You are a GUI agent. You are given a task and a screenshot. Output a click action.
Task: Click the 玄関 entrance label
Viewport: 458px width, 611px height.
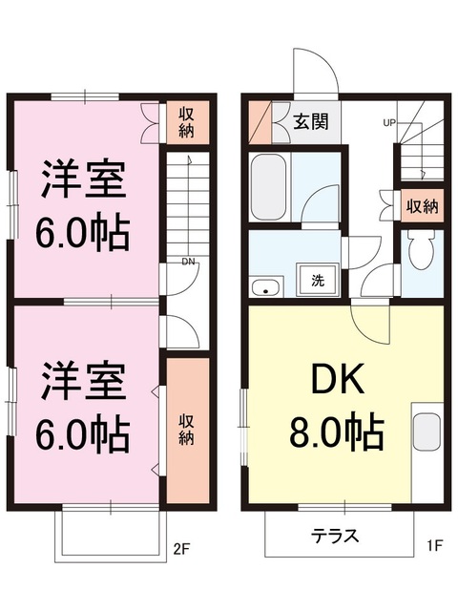[x=310, y=121]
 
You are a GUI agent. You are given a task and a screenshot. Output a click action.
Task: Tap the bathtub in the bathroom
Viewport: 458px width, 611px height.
[x=268, y=187]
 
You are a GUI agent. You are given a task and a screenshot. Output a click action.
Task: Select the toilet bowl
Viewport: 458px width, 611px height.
[x=421, y=249]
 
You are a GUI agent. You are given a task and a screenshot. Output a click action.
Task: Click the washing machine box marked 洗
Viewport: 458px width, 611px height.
[x=318, y=280]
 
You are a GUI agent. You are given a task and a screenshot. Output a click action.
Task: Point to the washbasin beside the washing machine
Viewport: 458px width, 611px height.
[x=267, y=287]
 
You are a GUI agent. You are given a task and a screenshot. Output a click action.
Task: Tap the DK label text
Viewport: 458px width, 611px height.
[x=338, y=379]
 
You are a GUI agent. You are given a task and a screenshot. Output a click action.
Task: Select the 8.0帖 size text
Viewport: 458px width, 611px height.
[x=337, y=432]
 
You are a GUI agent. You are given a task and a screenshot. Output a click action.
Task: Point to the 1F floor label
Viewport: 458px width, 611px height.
[x=434, y=546]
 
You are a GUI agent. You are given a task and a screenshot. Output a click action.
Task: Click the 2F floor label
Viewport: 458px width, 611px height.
[x=181, y=549]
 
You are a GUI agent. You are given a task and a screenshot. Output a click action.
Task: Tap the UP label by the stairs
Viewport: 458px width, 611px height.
[x=389, y=123]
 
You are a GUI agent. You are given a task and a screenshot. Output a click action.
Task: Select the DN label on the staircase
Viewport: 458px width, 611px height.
[x=189, y=261]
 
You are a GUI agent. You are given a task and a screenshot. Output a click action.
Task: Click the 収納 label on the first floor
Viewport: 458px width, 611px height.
[x=423, y=206]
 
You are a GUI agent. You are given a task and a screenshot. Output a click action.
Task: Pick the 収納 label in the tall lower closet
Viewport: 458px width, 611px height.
[x=186, y=431]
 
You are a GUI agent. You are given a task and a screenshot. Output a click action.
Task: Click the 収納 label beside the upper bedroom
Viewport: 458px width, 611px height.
[x=186, y=123]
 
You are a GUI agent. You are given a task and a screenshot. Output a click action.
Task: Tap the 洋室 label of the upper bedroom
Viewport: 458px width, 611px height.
[x=83, y=179]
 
